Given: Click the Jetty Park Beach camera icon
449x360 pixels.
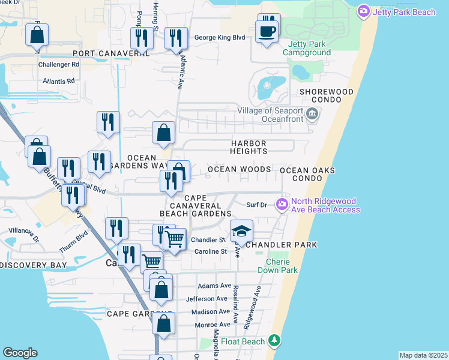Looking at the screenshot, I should pyautogui.click(x=363, y=11).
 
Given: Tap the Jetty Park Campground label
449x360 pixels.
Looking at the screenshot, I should pyautogui.click(x=309, y=49).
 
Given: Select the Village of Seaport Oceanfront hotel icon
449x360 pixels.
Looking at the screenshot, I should pyautogui.click(x=312, y=114).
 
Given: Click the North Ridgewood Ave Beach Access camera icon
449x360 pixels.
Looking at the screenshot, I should pyautogui.click(x=282, y=205).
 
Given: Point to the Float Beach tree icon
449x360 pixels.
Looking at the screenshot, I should pyautogui.click(x=274, y=341).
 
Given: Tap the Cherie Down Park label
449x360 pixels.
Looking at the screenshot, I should pyautogui.click(x=277, y=266).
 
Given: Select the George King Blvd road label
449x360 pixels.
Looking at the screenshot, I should pyautogui.click(x=220, y=38).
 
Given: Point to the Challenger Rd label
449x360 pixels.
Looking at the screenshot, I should pyautogui.click(x=59, y=64).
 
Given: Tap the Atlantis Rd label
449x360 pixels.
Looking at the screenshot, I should pyautogui.click(x=58, y=80).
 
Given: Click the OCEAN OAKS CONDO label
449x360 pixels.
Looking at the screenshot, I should pyautogui.click(x=307, y=175).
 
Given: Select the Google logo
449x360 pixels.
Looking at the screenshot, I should pyautogui.click(x=20, y=353).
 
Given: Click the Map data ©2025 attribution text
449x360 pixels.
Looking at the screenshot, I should pyautogui.click(x=423, y=355).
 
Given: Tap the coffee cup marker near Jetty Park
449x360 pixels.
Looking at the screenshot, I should pyautogui.click(x=267, y=31).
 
